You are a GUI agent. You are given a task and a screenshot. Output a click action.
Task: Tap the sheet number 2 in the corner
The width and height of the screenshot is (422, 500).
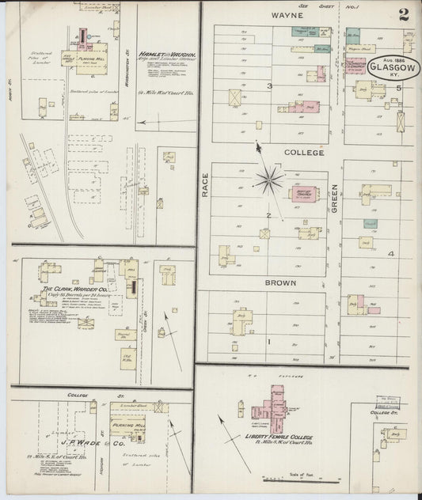pyautogui.click(x=405, y=13)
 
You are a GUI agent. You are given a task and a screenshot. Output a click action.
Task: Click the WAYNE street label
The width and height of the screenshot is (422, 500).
pyautogui.click(x=282, y=14)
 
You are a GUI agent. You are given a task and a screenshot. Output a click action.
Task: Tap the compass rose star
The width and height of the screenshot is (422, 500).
pyautogui.click(x=270, y=179)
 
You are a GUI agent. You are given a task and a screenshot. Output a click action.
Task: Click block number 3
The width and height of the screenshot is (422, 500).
pyautogui.click(x=269, y=86)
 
